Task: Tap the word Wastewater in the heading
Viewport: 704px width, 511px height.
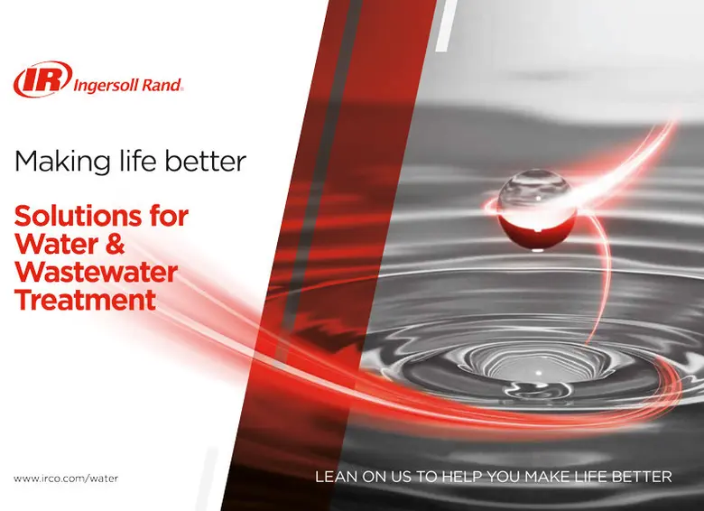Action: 97,272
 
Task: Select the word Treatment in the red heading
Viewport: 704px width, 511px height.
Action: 86,300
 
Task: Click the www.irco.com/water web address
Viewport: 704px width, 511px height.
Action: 66,478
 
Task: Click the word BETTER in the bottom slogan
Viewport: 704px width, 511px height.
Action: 642,476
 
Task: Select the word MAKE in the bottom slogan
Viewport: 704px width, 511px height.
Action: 549,476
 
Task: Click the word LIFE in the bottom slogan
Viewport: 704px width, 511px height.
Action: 592,476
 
